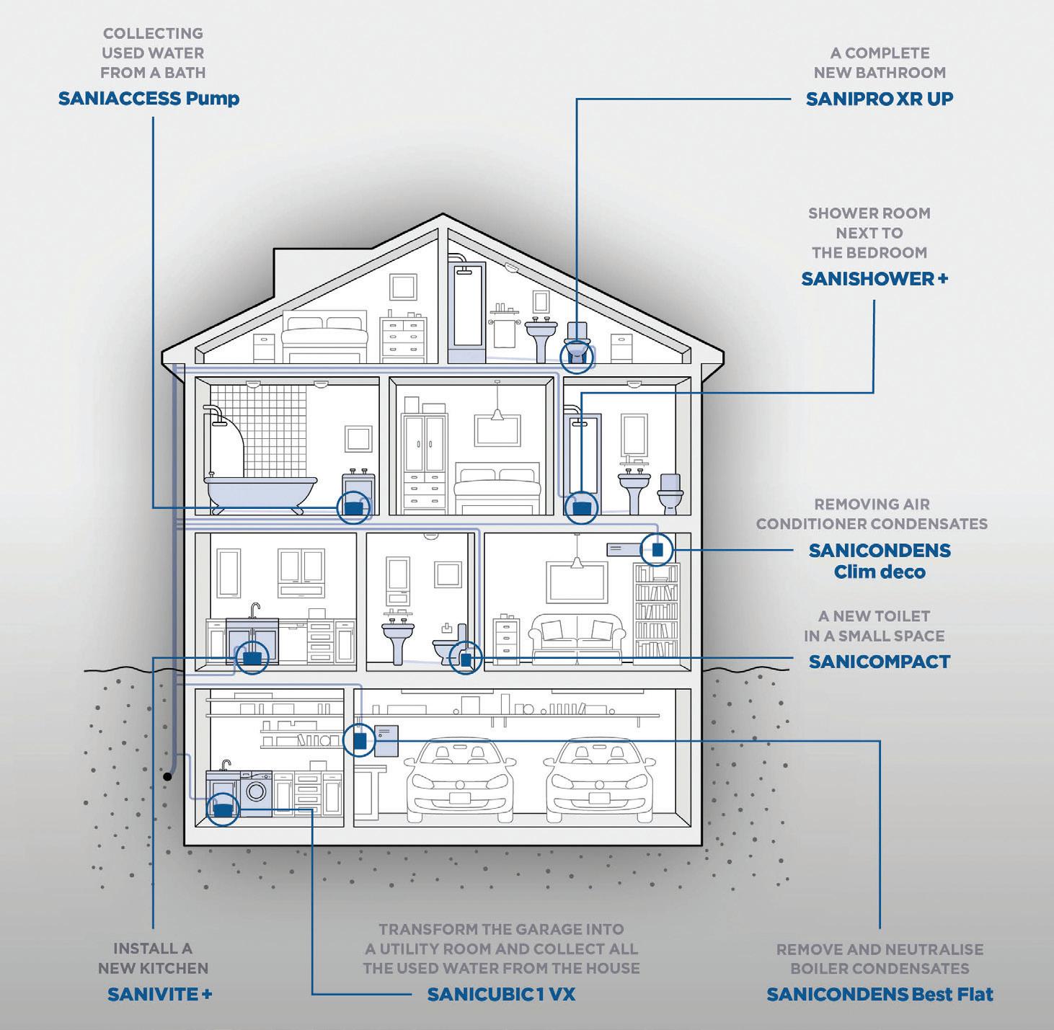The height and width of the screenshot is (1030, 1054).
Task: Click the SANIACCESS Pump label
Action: tap(149, 99)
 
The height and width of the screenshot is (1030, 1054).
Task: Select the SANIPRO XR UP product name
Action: tap(879, 99)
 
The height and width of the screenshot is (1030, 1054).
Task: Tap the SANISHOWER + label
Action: tap(874, 279)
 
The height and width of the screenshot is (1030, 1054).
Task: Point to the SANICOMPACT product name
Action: tap(879, 662)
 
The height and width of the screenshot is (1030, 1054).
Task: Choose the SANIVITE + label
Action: tap(159, 995)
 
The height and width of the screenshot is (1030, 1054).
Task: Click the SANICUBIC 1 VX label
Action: tap(501, 995)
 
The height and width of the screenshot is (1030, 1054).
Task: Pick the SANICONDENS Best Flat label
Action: tap(880, 995)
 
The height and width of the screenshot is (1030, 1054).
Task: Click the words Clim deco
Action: tap(880, 572)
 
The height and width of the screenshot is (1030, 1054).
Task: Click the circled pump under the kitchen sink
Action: tap(252, 657)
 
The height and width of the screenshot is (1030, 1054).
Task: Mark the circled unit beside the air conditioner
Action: tap(657, 550)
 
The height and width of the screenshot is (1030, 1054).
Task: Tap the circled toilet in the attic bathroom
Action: tap(577, 354)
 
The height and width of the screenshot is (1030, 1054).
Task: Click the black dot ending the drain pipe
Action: tap(167, 776)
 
